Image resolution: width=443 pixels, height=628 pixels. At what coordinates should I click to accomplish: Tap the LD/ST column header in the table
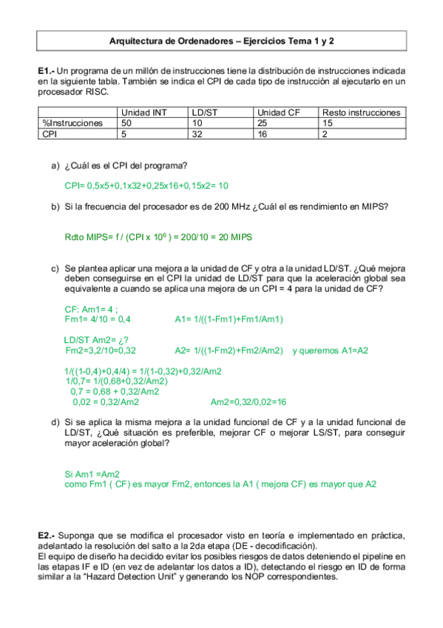pyautogui.click(x=201, y=113)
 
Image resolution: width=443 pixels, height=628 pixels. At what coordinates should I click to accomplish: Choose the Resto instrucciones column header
pyautogui.click(x=361, y=113)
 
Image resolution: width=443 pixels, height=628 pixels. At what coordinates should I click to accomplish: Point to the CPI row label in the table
pyautogui.click(x=50, y=134)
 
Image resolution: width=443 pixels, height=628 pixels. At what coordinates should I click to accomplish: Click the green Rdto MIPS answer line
pyautogui.click(x=159, y=237)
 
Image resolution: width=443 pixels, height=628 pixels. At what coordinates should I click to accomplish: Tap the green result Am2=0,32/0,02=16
pyautogui.click(x=248, y=402)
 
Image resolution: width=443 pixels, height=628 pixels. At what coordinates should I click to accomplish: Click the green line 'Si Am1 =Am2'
pyautogui.click(x=92, y=473)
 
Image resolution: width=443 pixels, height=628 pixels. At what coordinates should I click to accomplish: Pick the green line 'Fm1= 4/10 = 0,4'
pyautogui.click(x=98, y=319)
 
